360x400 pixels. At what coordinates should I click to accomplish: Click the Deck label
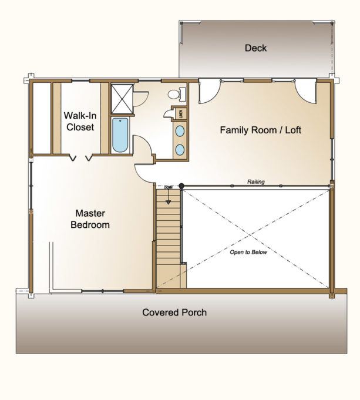(255, 48)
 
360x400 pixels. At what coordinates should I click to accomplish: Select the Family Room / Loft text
(260, 130)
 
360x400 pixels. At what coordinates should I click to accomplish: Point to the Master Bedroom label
(90, 219)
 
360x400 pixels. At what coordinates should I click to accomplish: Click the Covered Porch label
(174, 312)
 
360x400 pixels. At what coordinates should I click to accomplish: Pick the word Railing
(255, 182)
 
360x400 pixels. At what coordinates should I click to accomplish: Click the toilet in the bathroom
(176, 94)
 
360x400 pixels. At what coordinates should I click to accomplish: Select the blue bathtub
(120, 135)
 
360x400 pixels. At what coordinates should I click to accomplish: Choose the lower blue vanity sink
(180, 149)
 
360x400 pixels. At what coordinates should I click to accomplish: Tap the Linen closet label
(181, 113)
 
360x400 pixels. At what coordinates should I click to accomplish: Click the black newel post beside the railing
(181, 186)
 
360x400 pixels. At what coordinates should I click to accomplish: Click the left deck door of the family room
(208, 91)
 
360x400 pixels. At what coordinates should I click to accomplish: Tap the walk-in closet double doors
(80, 157)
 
